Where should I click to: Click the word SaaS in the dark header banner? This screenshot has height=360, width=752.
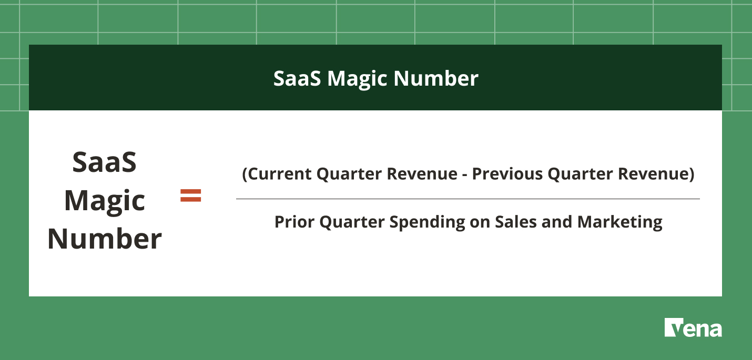click(297, 78)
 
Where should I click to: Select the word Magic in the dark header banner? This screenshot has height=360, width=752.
click(357, 80)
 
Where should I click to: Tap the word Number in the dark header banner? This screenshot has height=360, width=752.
click(436, 78)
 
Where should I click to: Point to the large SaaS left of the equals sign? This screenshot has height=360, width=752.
click(105, 162)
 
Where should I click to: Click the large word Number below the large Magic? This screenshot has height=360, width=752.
click(105, 239)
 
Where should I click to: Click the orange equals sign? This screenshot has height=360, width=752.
click(191, 196)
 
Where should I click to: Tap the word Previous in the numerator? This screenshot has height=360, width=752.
click(507, 174)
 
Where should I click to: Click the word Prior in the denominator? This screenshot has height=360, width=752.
click(294, 222)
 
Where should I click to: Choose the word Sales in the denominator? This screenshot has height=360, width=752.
click(516, 222)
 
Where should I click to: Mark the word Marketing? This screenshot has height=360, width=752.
click(619, 223)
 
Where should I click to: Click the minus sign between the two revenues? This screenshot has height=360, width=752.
click(465, 175)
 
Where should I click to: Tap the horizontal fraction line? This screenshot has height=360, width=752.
click(468, 199)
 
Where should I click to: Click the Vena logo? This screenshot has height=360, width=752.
click(693, 327)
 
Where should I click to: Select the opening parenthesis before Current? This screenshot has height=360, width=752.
click(245, 174)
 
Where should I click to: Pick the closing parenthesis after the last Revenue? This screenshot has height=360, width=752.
click(691, 174)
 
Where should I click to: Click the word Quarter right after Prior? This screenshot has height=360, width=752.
click(352, 222)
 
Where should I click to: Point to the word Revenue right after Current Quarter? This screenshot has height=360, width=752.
click(422, 174)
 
